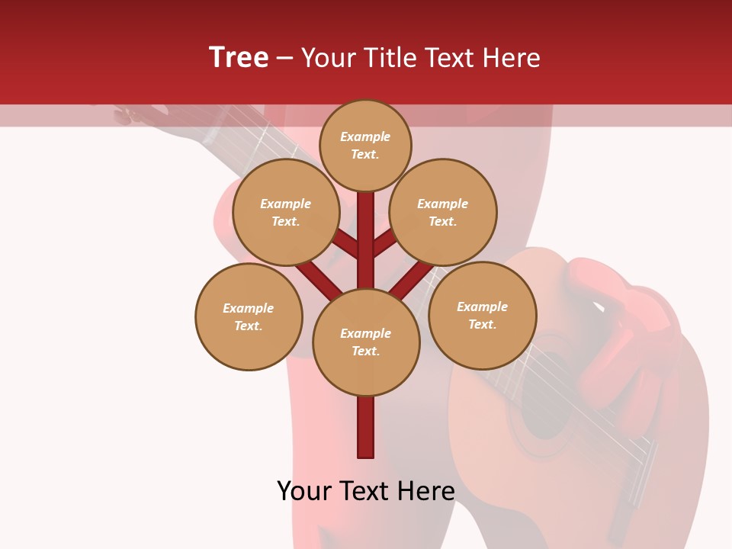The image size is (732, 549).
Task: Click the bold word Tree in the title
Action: tap(239, 57)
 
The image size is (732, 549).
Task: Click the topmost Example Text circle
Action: tap(365, 145)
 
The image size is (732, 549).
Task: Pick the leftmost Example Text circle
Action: tap(249, 316)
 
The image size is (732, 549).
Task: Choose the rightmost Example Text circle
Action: tap(482, 315)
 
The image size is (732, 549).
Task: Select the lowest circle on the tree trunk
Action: tap(366, 342)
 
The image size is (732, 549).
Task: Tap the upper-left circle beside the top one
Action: tap(286, 212)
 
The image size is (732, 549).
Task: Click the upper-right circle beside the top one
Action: tap(443, 212)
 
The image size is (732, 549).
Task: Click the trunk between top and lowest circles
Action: tap(366, 240)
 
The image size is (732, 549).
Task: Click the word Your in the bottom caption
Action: tap(303, 491)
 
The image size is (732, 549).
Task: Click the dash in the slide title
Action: tap(284, 58)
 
